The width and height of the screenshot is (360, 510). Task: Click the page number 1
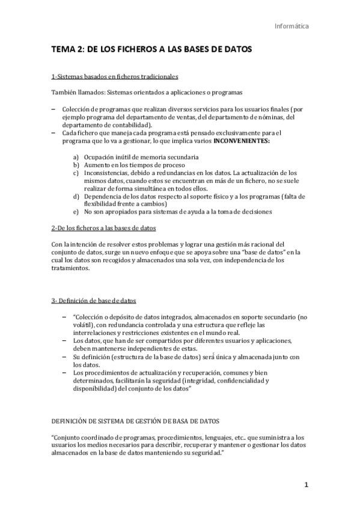[x=306, y=485]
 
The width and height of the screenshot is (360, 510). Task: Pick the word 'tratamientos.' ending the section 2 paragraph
[x=72, y=268]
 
